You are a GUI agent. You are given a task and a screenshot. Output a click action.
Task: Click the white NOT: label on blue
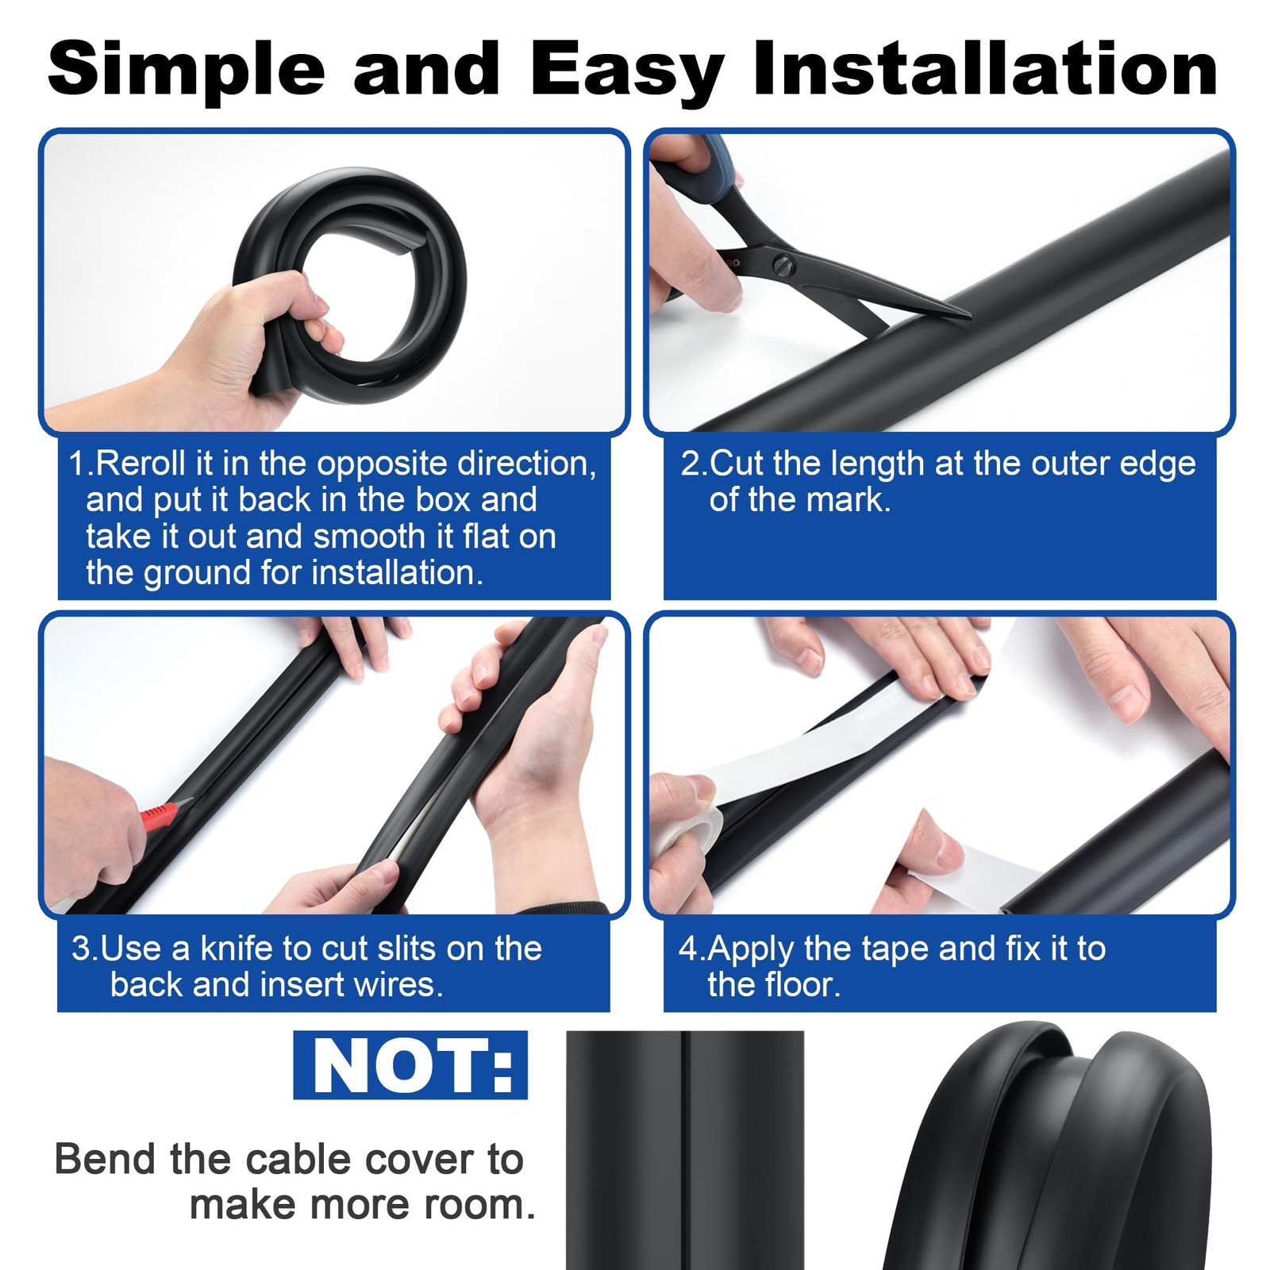[411, 1065]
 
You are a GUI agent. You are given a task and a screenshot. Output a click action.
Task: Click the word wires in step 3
[398, 984]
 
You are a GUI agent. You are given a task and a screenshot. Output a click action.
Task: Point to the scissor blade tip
[970, 317]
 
